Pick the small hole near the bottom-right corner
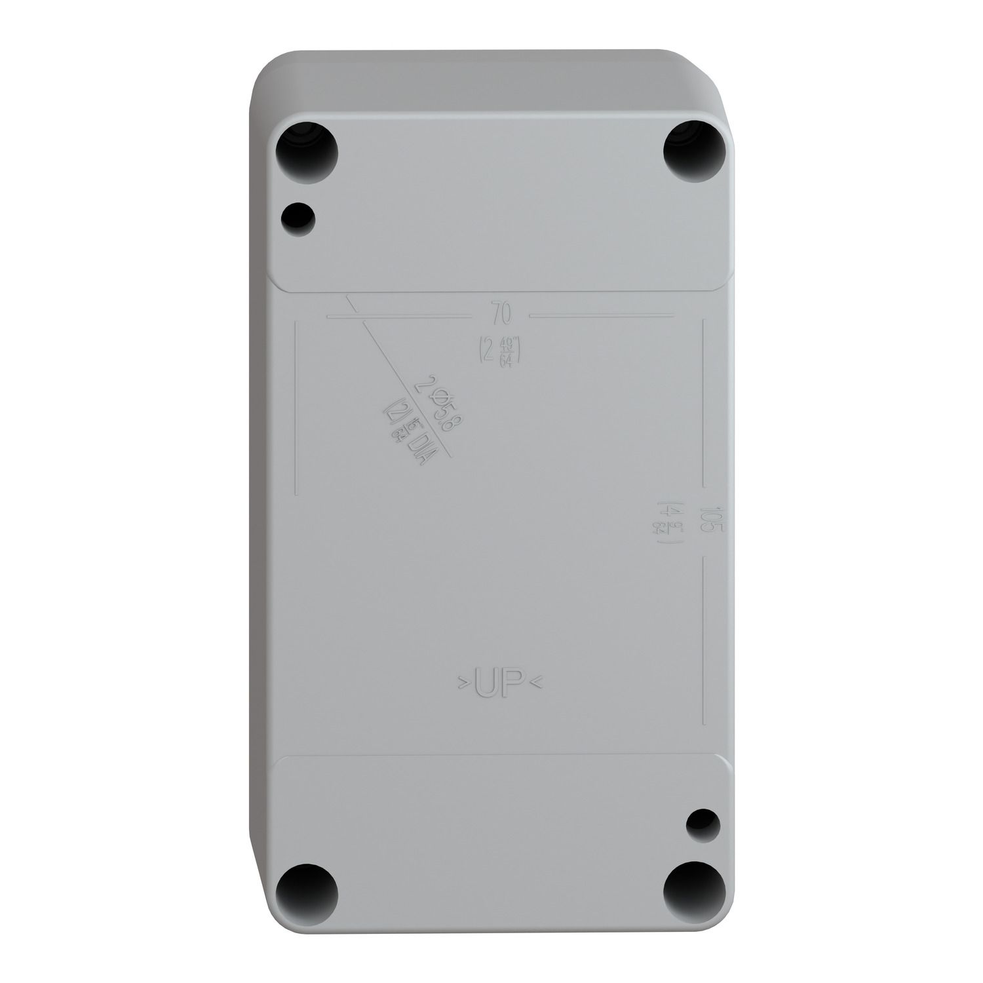(x=701, y=822)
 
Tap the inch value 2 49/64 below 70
(x=499, y=350)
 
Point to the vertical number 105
(x=709, y=522)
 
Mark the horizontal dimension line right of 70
(x=602, y=315)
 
